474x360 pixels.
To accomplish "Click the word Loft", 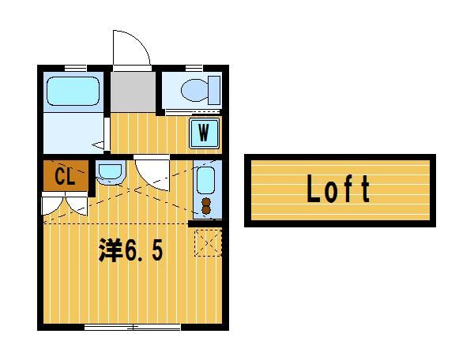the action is tap(338, 189).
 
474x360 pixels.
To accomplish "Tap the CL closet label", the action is tap(65, 176).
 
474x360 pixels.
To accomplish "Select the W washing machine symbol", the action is tap(204, 133).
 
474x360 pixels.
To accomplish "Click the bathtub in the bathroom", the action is tap(73, 92).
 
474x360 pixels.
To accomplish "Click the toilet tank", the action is tap(214, 90).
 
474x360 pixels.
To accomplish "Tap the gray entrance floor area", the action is tap(133, 92).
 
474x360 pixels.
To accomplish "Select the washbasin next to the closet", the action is tap(111, 172).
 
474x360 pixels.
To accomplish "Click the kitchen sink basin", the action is tap(205, 180).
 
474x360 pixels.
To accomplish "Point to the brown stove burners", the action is tap(206, 206).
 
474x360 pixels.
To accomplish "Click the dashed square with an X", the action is tap(208, 243).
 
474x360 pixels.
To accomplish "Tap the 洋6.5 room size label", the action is tap(130, 250).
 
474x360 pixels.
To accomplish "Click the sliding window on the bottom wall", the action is tap(133, 327).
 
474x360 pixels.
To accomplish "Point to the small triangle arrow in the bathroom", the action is tap(98, 145).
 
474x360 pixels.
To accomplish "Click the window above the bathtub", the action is tap(76, 68).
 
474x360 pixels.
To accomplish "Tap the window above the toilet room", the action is tap(194, 68).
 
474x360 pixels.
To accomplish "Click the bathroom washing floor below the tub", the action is tap(73, 133).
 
